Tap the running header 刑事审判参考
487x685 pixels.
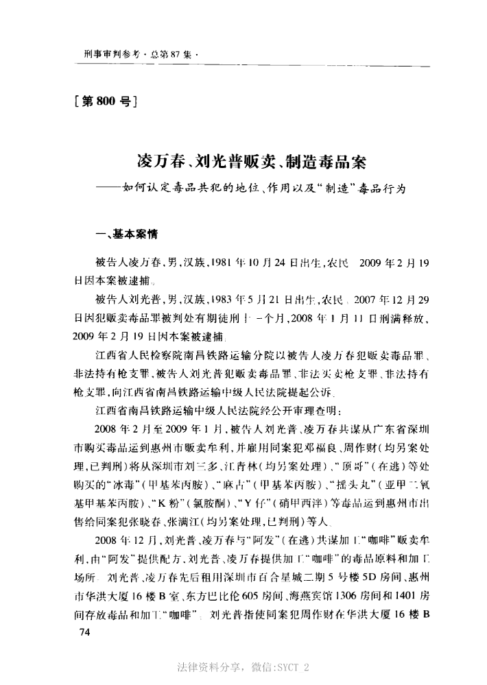pos(104,53)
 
